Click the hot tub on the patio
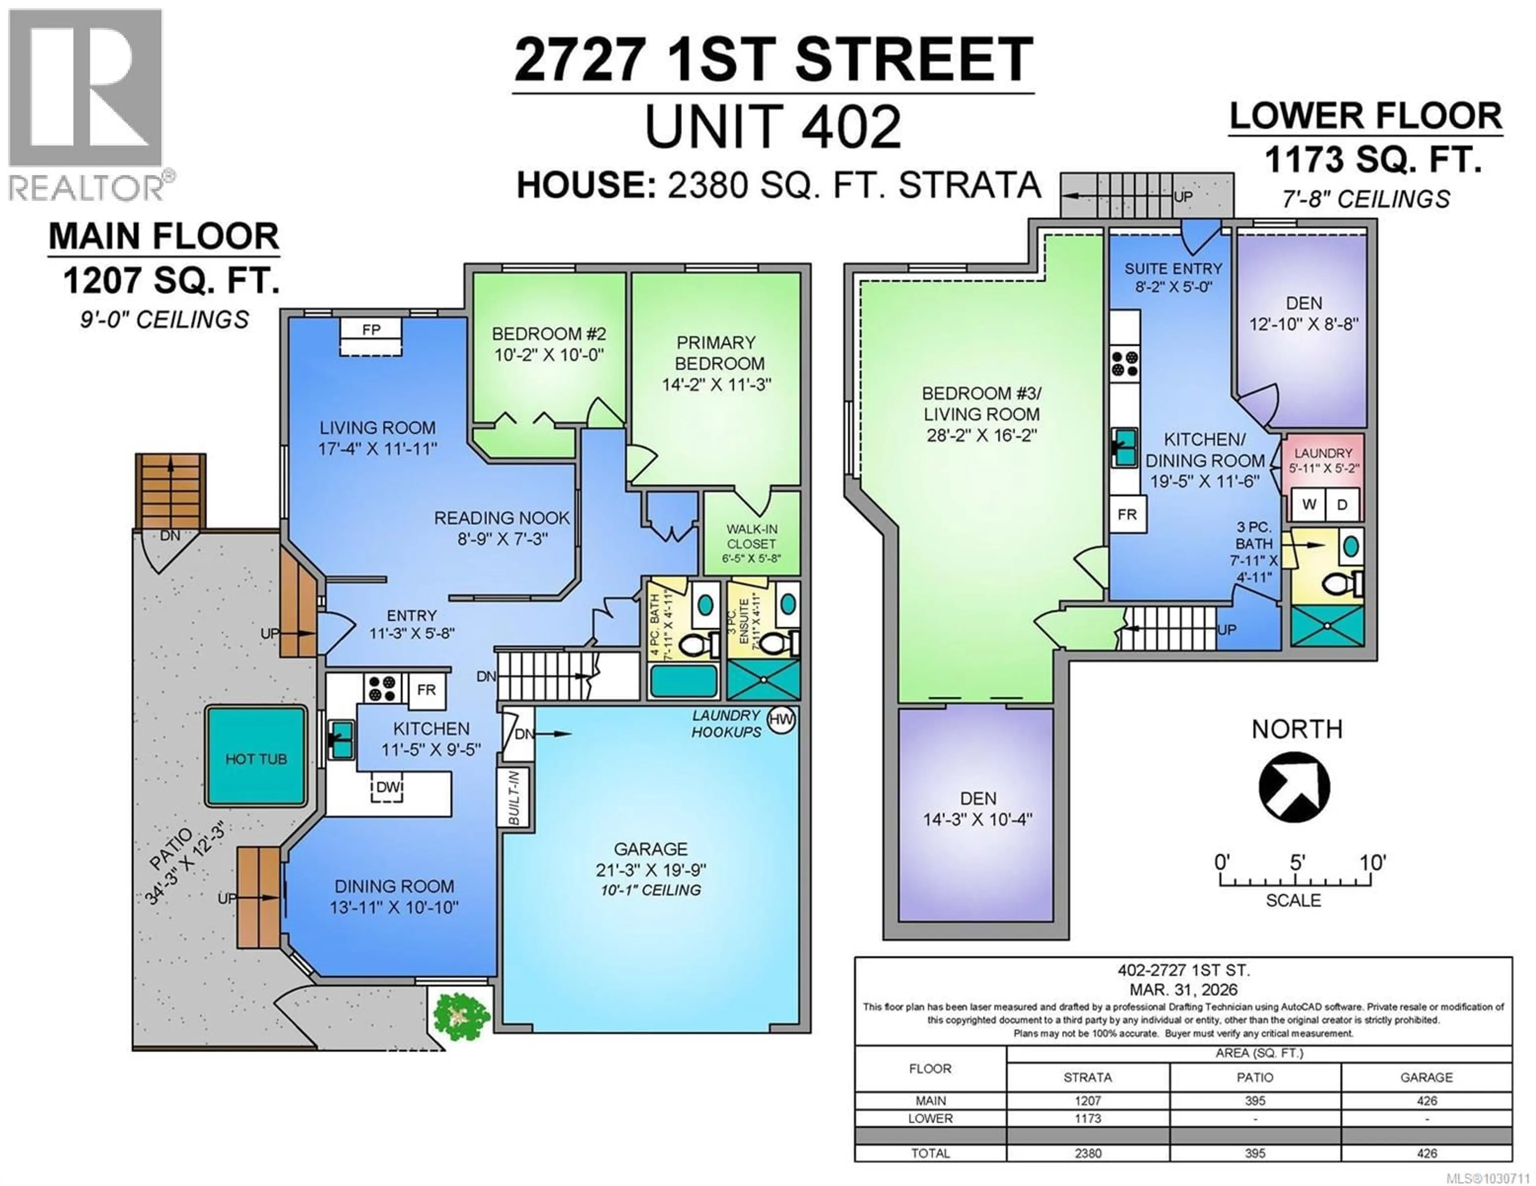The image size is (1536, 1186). point(256,757)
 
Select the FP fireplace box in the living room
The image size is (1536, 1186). point(371,330)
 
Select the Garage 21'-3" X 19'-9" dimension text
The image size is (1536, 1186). point(650,870)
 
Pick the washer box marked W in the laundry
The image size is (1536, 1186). point(1309,505)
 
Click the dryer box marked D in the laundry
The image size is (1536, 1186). point(1342,505)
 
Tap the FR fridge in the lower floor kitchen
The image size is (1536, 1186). point(1127,514)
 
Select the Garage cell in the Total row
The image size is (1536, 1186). point(1426,1153)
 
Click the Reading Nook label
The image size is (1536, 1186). point(502,518)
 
